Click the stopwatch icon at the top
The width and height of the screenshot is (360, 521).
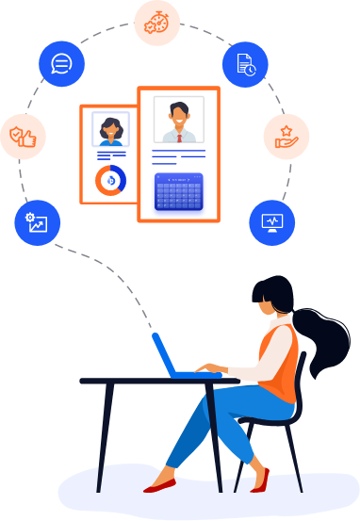(x=156, y=23)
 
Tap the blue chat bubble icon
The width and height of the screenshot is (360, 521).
(x=61, y=64)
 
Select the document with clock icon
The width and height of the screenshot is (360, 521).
(x=245, y=64)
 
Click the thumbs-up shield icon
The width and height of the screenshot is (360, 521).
(x=22, y=138)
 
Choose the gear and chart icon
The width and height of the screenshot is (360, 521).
(x=37, y=222)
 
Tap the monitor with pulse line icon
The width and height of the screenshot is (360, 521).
(x=271, y=222)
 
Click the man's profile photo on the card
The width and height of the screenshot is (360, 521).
(x=178, y=119)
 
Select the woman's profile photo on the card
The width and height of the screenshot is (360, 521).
(x=110, y=130)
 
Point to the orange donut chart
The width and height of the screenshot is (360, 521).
(x=111, y=180)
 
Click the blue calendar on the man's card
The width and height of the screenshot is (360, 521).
(x=179, y=192)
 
